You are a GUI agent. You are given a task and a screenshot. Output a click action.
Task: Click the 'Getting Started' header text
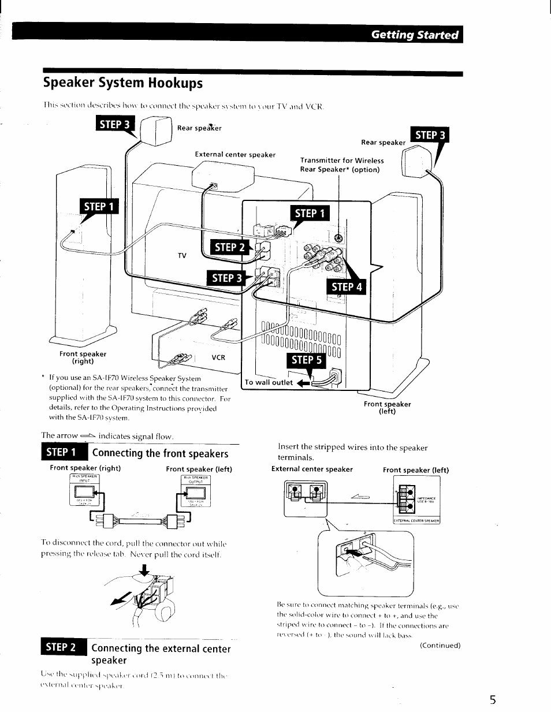(x=415, y=35)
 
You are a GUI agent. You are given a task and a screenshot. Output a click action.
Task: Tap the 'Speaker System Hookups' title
(x=123, y=83)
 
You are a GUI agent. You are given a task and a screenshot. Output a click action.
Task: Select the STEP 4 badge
(x=346, y=286)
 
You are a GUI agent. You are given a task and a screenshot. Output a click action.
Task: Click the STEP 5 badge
(x=307, y=360)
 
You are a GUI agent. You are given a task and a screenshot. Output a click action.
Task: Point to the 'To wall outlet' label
(x=269, y=382)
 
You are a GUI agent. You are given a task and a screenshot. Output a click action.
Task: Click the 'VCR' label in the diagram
(x=218, y=357)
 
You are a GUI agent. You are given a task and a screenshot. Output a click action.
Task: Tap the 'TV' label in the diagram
(x=182, y=255)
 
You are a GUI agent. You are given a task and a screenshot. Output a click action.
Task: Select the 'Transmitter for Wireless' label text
(x=341, y=161)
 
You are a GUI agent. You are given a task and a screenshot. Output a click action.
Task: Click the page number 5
(x=492, y=700)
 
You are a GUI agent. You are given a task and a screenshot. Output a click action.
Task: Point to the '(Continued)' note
(x=440, y=645)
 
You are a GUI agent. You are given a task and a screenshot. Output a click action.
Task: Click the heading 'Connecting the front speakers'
(x=160, y=453)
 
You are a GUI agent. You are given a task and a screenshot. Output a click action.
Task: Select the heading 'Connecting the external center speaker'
(x=161, y=654)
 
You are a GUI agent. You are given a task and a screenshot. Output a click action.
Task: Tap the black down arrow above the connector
(x=144, y=571)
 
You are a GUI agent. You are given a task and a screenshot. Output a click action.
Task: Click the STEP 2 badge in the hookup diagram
(x=229, y=247)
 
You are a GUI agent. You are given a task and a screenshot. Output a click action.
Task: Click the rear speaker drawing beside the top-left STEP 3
(x=155, y=131)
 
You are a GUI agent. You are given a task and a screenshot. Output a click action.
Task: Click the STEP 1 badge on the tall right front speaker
(x=100, y=206)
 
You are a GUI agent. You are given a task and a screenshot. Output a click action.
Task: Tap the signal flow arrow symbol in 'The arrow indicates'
(x=87, y=435)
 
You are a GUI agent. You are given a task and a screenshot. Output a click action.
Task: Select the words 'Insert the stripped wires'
(x=323, y=448)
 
